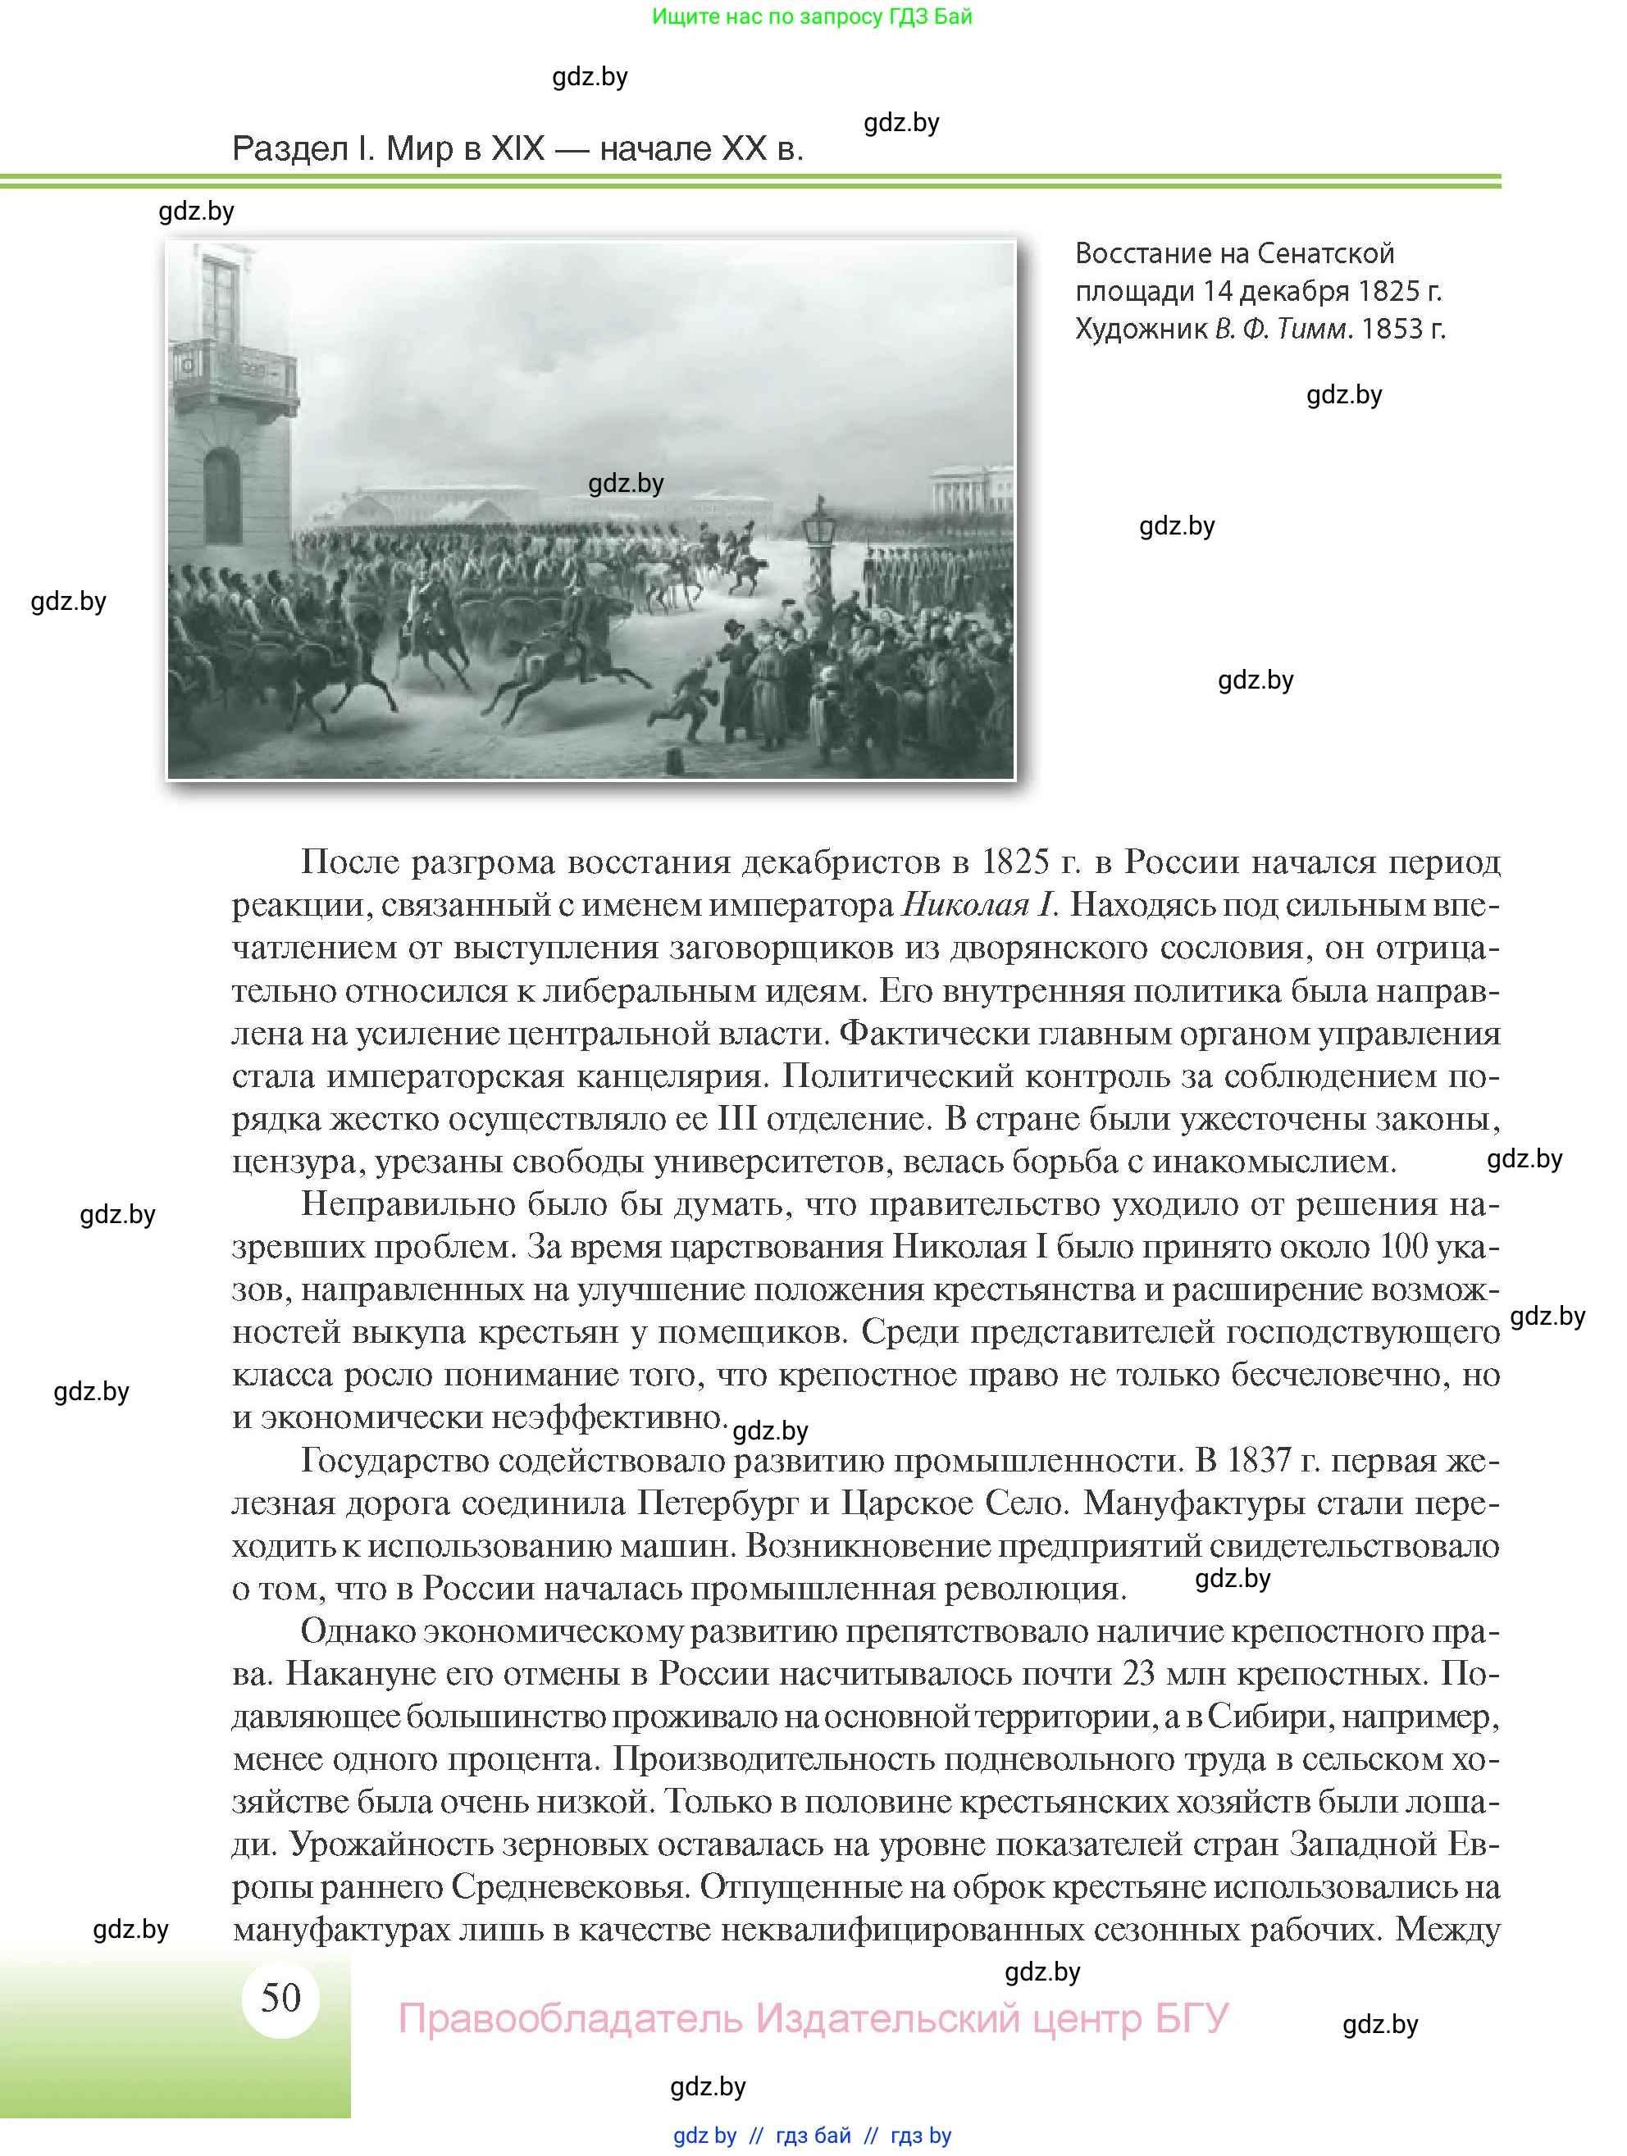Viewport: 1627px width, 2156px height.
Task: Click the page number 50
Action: click(280, 1998)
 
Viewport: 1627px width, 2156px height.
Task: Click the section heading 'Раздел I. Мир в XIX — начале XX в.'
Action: click(517, 149)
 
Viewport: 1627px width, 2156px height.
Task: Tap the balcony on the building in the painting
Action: click(234, 375)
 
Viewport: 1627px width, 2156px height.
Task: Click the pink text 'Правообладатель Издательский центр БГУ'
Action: click(813, 2018)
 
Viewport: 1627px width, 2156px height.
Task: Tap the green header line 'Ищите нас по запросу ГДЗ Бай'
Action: click(812, 16)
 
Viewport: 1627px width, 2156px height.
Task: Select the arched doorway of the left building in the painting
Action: click(223, 497)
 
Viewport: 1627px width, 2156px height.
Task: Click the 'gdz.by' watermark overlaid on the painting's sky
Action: click(626, 484)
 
